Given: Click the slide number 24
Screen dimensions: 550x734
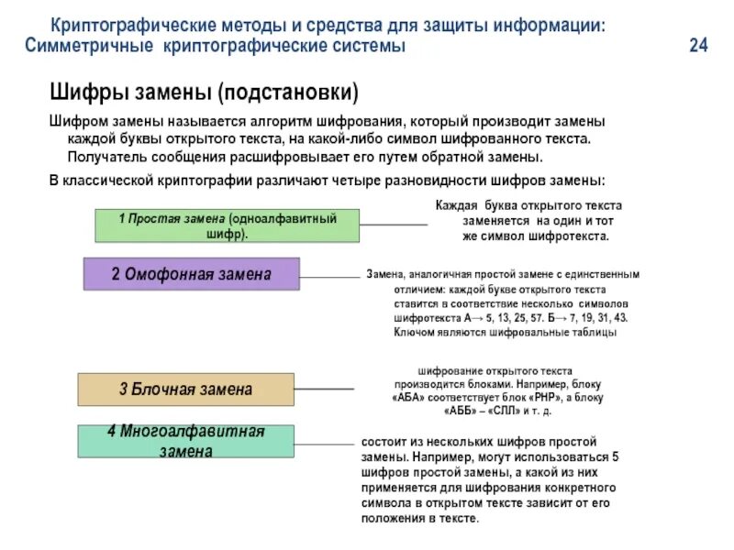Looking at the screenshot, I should pyautogui.click(x=698, y=47).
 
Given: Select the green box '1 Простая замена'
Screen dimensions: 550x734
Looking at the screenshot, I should pyautogui.click(x=228, y=225).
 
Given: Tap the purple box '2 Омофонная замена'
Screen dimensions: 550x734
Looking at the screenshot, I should pyautogui.click(x=192, y=274).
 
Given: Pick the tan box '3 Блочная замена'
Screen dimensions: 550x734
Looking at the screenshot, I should pyautogui.click(x=185, y=390).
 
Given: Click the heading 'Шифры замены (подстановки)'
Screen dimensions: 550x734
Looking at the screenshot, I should pyautogui.click(x=203, y=93).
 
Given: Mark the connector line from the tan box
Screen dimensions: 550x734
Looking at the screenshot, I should pyautogui.click(x=323, y=389).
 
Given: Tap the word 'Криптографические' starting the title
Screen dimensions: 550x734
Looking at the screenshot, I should pyautogui.click(x=126, y=26).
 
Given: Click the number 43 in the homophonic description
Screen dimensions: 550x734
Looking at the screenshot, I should pyautogui.click(x=620, y=317).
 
